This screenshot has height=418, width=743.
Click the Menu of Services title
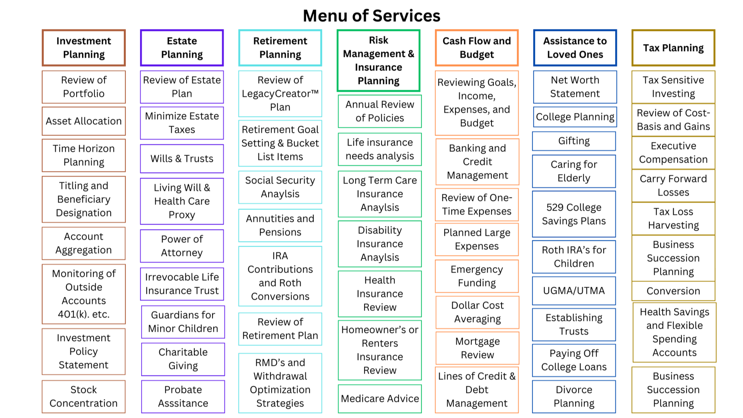371,16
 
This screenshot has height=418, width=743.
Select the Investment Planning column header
84,48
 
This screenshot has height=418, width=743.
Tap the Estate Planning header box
182,48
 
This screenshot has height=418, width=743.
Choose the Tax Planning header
673,48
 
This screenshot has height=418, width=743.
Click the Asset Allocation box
84,121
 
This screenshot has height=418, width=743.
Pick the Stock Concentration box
84,396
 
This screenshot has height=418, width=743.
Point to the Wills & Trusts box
182,159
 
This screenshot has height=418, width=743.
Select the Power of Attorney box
182,246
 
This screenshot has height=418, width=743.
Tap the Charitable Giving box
183,359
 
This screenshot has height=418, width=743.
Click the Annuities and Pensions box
280,225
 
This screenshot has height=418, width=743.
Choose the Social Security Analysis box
280,187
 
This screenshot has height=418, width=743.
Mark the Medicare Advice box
380,399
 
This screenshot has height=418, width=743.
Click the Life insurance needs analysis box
380,149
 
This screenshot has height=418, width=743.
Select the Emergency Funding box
477,276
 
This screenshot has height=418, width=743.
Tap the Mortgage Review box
477,348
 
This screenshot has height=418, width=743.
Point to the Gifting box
574,141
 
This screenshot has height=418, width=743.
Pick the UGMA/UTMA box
574,291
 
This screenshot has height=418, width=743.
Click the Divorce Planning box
574,396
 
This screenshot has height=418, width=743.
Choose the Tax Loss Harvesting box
673,218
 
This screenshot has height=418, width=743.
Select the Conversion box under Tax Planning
673,291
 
